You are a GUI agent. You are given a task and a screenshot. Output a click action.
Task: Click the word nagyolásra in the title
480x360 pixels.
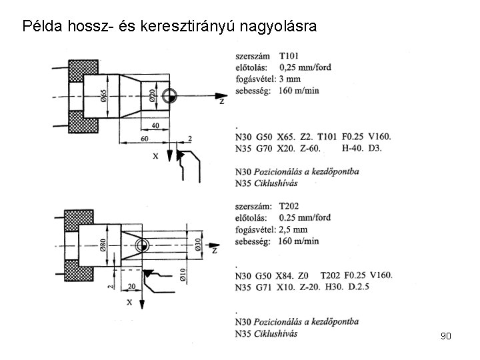pyautogui.click(x=278, y=27)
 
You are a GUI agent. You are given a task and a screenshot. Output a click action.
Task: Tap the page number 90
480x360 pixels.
pyautogui.click(x=446, y=336)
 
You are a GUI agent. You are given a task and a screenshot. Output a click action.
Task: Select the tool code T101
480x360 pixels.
pyautogui.click(x=290, y=56)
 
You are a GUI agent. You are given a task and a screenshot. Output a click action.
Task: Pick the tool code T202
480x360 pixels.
pyautogui.click(x=292, y=206)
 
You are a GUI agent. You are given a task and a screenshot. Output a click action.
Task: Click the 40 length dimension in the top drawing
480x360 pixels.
pyautogui.click(x=155, y=126)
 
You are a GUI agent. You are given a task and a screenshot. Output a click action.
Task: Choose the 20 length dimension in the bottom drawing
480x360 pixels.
pyautogui.click(x=132, y=286)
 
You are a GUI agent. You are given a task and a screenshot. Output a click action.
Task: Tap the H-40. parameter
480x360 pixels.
pyautogui.click(x=352, y=147)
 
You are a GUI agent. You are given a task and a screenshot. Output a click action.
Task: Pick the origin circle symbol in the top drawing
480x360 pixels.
pyautogui.click(x=169, y=95)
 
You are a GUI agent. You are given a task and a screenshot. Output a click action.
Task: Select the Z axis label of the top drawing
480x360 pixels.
pyautogui.click(x=221, y=101)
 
